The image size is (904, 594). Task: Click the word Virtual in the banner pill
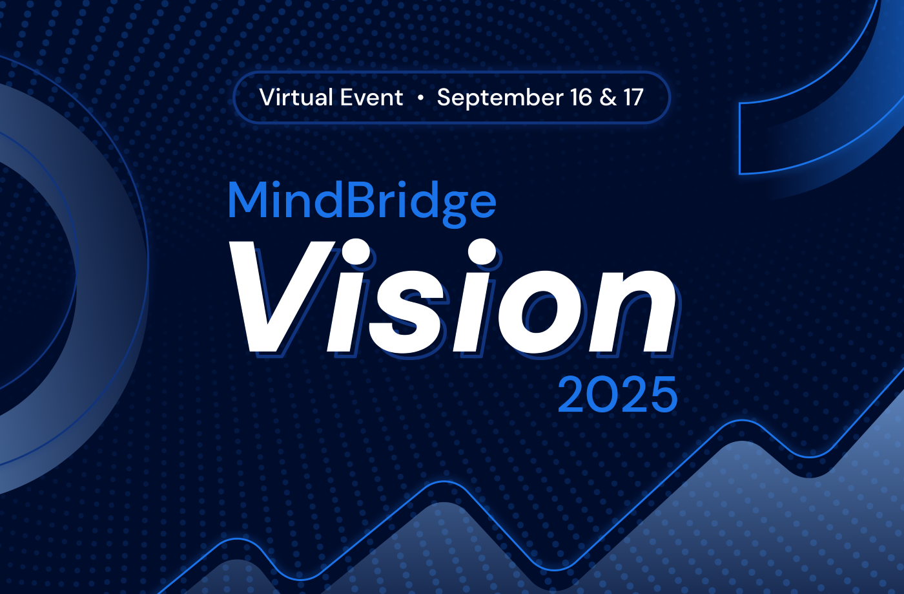tap(294, 98)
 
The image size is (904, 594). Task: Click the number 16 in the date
tap(580, 98)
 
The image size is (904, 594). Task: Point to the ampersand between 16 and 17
tap(608, 98)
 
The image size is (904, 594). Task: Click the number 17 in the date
tap(633, 98)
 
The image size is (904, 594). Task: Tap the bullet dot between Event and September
tap(420, 98)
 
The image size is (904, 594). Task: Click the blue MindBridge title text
tap(362, 202)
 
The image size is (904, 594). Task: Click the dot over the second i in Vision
tap(482, 252)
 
